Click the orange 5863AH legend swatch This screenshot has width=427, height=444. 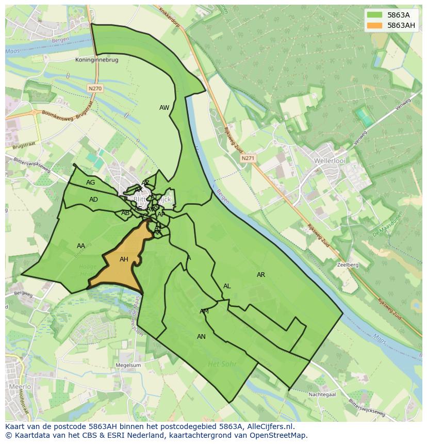click(374, 25)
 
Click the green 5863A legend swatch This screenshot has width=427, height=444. click(374, 15)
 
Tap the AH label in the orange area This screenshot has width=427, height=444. click(124, 259)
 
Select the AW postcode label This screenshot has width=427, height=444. click(164, 108)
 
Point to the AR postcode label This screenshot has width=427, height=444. click(261, 275)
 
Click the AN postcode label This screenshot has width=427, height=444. click(201, 337)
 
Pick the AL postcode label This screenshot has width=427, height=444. click(227, 286)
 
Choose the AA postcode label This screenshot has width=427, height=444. click(81, 246)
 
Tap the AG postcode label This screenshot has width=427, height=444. click(91, 183)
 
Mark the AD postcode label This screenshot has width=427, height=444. click(93, 200)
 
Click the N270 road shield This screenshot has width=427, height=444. click(95, 89)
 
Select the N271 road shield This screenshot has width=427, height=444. click(248, 158)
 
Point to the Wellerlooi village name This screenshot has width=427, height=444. click(329, 161)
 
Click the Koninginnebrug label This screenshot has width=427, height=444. click(96, 60)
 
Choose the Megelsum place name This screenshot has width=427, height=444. click(129, 365)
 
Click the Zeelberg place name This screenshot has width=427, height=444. click(347, 265)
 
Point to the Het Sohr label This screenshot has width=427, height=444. click(222, 364)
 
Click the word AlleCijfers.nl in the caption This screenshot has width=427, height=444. click(269, 426)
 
